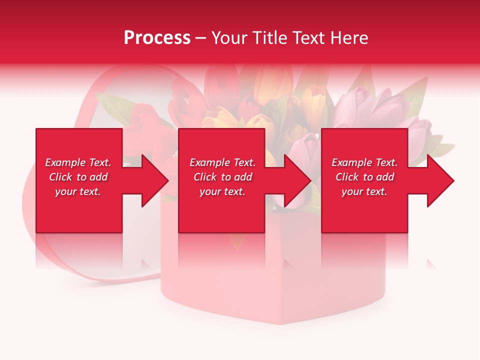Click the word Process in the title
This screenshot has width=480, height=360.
pyautogui.click(x=157, y=38)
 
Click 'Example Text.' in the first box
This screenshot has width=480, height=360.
pyautogui.click(x=78, y=162)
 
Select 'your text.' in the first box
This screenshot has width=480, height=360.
pyautogui.click(x=78, y=191)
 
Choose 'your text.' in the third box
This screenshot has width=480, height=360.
pyautogui.click(x=364, y=191)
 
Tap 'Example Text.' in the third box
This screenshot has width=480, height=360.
pyautogui.click(x=364, y=162)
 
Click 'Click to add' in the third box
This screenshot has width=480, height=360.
pyautogui.click(x=364, y=177)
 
